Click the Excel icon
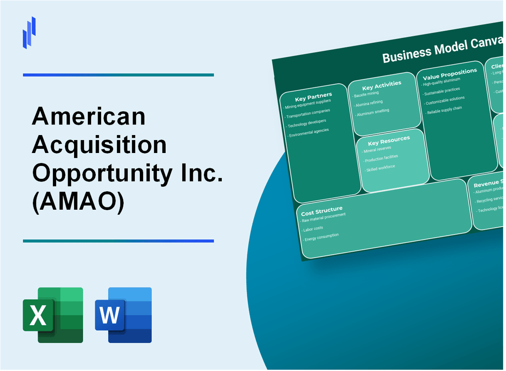click(53, 315)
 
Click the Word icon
click(123, 315)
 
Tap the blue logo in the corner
click(29, 32)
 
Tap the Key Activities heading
click(381, 85)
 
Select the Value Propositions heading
click(449, 73)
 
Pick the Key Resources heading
click(389, 141)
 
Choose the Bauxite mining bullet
click(367, 94)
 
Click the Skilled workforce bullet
click(380, 168)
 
